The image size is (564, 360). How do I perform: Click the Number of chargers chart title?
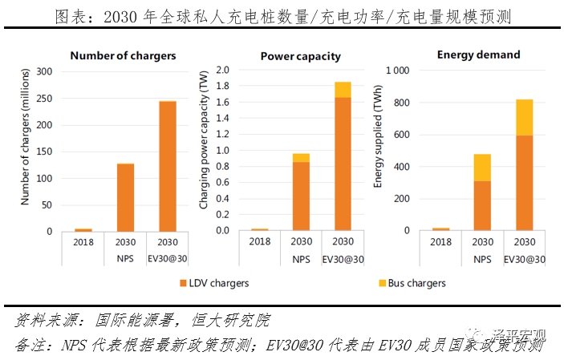(x=123, y=55)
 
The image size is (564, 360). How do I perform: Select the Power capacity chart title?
(x=301, y=56)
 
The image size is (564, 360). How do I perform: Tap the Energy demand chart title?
(x=479, y=55)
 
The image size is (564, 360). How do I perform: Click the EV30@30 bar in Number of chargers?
(x=168, y=166)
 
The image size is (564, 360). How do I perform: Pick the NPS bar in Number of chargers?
(x=125, y=197)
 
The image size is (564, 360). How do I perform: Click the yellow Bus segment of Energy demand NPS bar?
(x=482, y=167)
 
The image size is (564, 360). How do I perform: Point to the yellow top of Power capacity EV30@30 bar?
(x=343, y=89)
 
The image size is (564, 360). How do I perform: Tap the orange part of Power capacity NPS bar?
(x=301, y=196)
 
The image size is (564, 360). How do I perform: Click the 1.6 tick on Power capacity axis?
(x=223, y=103)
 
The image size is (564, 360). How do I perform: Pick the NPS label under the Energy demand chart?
(x=482, y=260)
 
